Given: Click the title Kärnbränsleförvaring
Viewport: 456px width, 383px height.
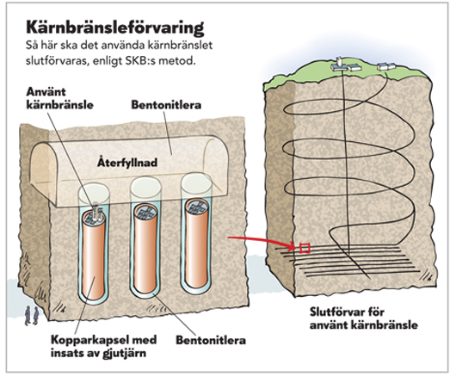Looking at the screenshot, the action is pos(115,28).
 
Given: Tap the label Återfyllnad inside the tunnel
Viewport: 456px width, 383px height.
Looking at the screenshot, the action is pos(127,163).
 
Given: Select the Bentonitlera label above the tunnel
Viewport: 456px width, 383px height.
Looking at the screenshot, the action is pos(166,105).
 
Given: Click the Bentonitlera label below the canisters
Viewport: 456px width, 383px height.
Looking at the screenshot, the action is pos(211,340).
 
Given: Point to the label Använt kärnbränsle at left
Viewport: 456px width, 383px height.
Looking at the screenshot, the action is pos(60,98).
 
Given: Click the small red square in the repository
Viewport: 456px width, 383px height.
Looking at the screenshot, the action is pos(305,248).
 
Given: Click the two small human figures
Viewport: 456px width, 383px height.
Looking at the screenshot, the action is pos(32,315).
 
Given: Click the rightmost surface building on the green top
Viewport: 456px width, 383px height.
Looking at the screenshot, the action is pos(382,66).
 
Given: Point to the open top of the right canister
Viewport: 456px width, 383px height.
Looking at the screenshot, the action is pos(197,206).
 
